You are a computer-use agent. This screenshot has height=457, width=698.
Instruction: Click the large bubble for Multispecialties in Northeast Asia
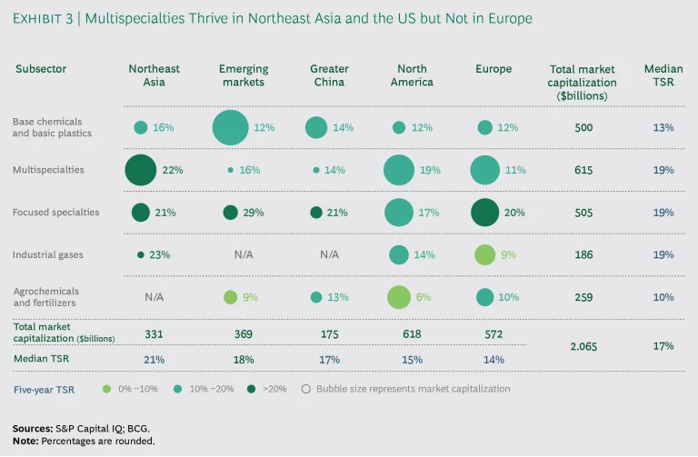(140, 170)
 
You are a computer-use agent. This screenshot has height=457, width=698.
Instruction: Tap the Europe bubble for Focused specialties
(484, 212)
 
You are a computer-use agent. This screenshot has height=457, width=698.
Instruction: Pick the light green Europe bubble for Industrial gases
(485, 254)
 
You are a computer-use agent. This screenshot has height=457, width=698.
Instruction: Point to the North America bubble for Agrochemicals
(398, 297)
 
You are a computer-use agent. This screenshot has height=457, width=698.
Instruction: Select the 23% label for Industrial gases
(159, 254)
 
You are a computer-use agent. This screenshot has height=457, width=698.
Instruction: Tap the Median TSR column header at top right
(663, 75)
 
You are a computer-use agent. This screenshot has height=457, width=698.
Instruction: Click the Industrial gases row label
(47, 254)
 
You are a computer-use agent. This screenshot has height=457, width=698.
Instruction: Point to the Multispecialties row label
(49, 170)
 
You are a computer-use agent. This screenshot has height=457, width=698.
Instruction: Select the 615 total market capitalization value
(583, 170)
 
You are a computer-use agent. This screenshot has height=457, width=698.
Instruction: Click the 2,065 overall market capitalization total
(583, 346)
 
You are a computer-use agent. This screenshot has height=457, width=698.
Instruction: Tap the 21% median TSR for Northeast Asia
(155, 359)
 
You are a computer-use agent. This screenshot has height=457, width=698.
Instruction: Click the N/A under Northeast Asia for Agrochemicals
(155, 297)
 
